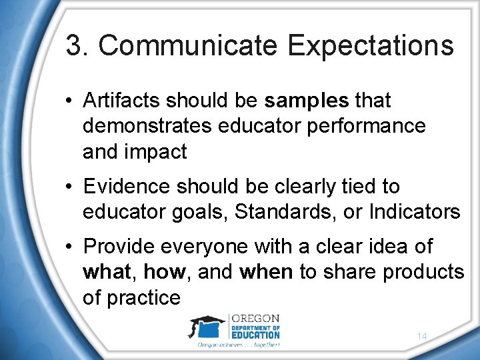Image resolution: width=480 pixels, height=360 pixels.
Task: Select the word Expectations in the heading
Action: (x=371, y=46)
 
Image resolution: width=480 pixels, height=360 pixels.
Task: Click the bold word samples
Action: (x=307, y=101)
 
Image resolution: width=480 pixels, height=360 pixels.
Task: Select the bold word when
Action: (x=266, y=272)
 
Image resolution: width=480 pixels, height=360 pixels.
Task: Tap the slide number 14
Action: (x=421, y=337)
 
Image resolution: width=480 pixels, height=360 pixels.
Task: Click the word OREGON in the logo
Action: (x=255, y=318)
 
